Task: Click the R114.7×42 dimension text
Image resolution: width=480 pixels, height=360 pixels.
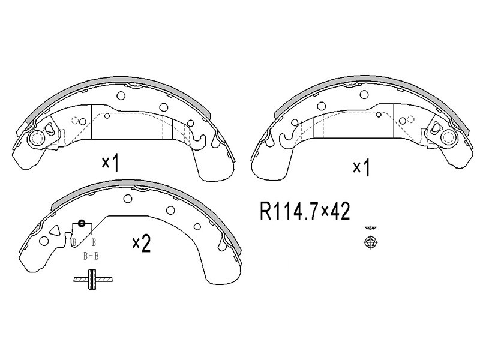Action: click(305, 211)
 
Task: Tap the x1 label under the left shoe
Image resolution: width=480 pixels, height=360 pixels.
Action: click(110, 163)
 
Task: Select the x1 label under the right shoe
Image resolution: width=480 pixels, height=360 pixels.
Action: click(362, 167)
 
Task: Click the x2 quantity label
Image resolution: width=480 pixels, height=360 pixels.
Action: click(142, 244)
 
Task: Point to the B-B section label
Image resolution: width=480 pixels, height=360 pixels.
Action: click(91, 256)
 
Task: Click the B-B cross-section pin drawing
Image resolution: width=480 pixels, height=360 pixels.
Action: click(92, 279)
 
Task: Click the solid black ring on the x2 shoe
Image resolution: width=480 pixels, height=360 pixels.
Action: click(82, 223)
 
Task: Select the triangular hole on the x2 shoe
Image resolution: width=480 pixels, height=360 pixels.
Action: click(55, 230)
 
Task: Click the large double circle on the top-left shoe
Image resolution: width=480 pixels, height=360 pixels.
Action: click(37, 139)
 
